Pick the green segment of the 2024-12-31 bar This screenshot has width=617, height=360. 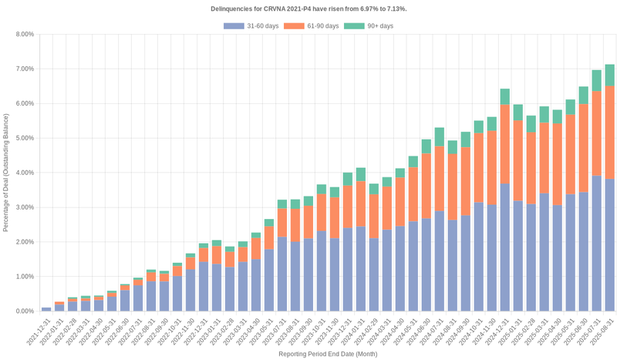(x=505, y=96)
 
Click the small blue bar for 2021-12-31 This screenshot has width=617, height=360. (x=46, y=309)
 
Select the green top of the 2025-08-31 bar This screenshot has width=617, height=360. (x=609, y=75)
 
